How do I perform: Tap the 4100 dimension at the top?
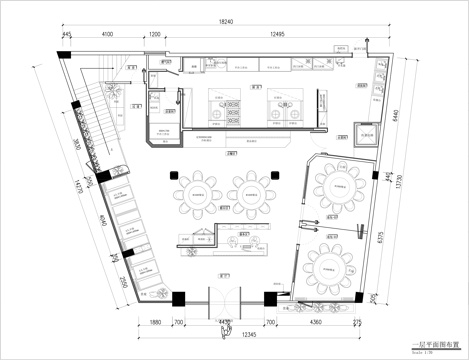pyautogui.click(x=107, y=34)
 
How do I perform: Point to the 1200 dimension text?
pyautogui.click(x=155, y=34)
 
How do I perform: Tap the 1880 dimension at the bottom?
pyautogui.click(x=155, y=323)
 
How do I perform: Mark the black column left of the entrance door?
pyautogui.click(x=178, y=297)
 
